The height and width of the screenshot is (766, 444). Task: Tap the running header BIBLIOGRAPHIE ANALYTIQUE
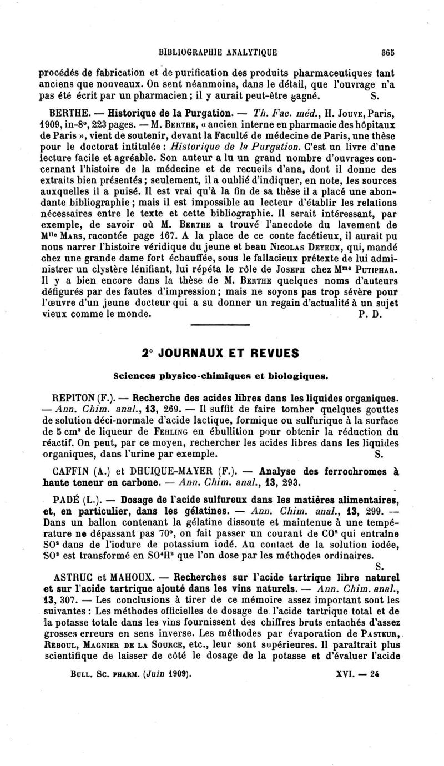click(x=218, y=53)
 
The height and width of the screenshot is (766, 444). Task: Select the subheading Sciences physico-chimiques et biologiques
click(x=221, y=376)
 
